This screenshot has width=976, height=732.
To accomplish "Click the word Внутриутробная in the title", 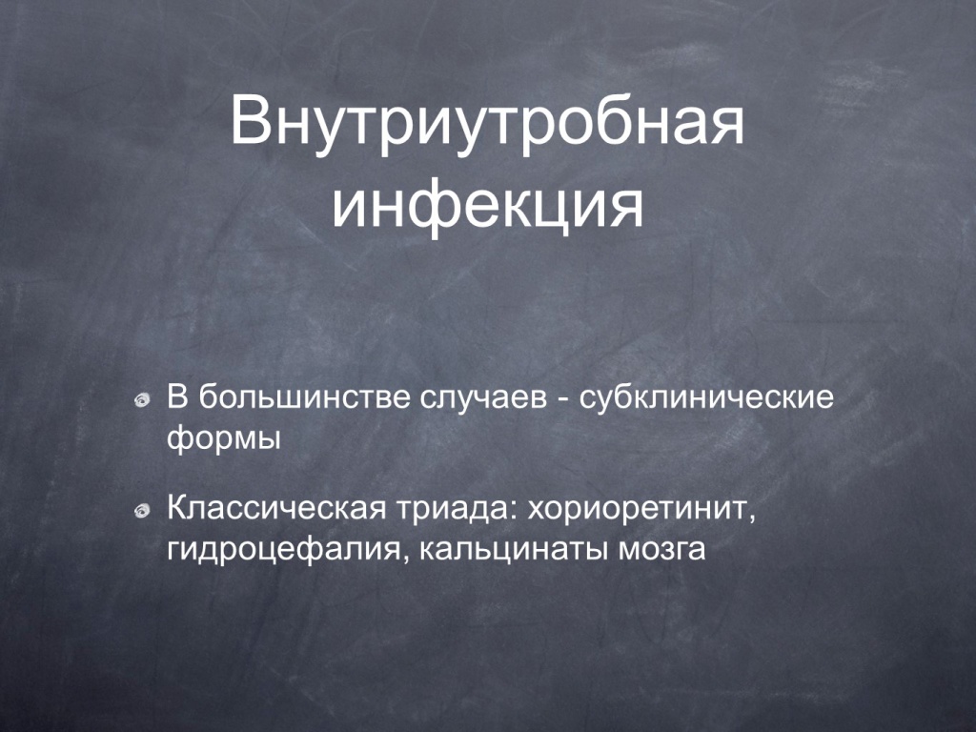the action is coord(487,121).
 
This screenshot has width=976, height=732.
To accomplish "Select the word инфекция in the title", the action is coord(487,206).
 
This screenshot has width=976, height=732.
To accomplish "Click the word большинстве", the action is coord(304,398).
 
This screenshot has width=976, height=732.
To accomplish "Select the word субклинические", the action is coord(706,398).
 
